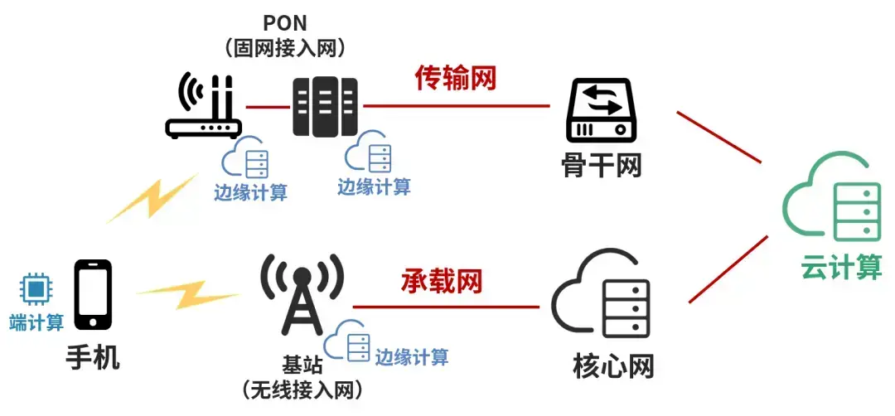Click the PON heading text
coord(284,22)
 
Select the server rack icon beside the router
coord(325,107)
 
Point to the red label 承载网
coord(442,281)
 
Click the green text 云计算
coord(841,268)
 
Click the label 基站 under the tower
coord(302,365)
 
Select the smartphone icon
coord(93,294)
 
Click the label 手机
coord(93,358)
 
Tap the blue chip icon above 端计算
coord(36,290)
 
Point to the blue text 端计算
coord(36,322)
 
